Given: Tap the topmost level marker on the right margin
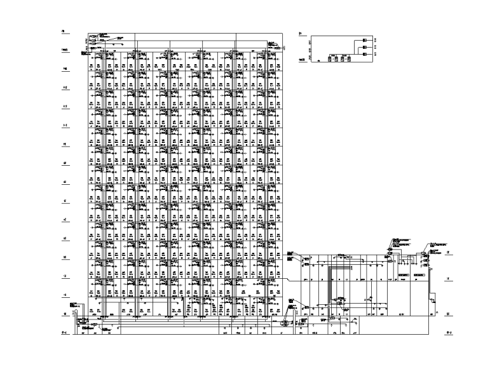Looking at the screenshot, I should pos(448,253).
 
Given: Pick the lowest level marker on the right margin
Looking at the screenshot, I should pos(449,332).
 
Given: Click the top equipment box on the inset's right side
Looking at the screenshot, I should pos(366,41).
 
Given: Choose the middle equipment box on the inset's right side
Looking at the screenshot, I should pos(366,48).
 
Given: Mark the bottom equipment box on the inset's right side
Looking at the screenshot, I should pos(366,55).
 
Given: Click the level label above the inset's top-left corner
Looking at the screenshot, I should pos(299,32).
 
